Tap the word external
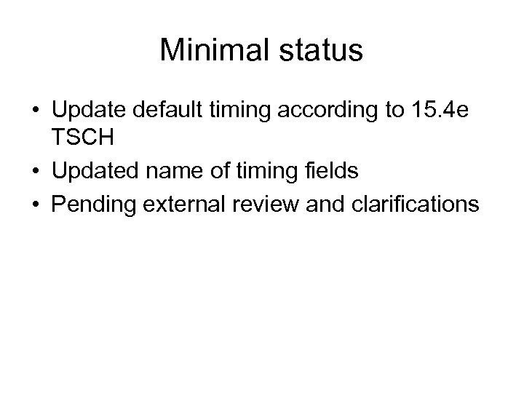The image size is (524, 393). coord(183,204)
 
